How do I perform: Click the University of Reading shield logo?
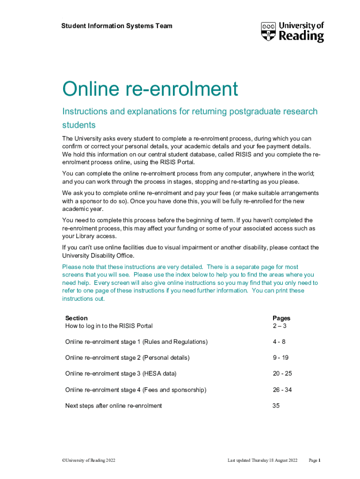point(269,31)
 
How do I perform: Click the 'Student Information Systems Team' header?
point(117,26)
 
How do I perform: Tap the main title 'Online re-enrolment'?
point(150,89)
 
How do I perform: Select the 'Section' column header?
point(76,318)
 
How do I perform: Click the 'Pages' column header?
point(281,318)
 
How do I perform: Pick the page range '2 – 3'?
point(280,326)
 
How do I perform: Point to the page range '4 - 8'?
point(280,342)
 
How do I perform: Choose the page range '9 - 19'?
point(281,358)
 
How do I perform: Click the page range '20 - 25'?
point(282,374)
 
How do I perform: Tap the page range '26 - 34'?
point(282,390)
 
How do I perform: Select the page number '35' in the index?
point(276,406)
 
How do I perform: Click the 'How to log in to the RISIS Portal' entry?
point(109,326)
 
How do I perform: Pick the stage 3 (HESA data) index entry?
point(121,374)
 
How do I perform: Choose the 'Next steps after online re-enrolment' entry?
point(114,406)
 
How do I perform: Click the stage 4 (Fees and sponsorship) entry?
point(136,390)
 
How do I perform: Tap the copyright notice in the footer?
point(88,461)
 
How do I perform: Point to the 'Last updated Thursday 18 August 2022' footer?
point(262,461)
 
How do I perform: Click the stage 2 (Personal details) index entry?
point(127,358)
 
